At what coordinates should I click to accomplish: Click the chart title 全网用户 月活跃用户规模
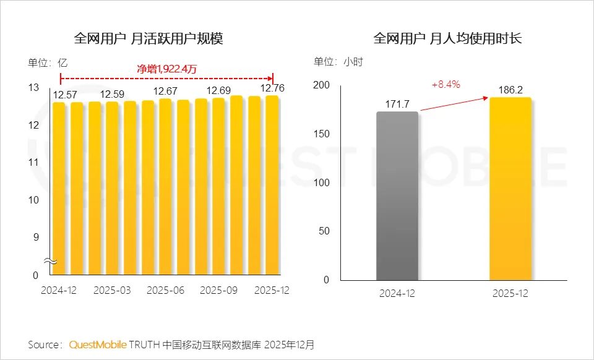coord(148,39)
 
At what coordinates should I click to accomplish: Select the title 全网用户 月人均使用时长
coord(447,39)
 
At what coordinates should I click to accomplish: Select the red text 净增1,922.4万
coord(166,69)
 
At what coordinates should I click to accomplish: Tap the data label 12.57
coord(64,95)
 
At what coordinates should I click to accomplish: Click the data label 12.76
coord(272,88)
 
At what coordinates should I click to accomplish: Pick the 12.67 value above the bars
coord(166,92)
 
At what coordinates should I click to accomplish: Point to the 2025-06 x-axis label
coord(165,290)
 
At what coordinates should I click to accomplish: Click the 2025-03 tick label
coord(112,290)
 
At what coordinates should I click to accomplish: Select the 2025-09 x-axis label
coord(219,290)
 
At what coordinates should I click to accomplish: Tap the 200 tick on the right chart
coord(321,85)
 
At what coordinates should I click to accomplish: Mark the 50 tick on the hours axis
coord(324,231)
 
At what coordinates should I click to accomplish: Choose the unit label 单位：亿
coord(47,62)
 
